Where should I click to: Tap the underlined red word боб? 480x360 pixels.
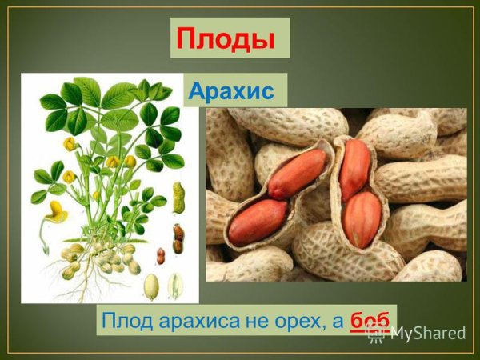coord(370,321)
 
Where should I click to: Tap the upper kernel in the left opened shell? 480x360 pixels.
coord(297,173)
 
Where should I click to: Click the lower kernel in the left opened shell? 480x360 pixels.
coord(257,222)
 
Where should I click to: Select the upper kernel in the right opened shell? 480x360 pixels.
coord(354,169)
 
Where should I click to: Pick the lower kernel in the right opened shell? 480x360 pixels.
coord(362,218)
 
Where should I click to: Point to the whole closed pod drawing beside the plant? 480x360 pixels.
coord(178,197)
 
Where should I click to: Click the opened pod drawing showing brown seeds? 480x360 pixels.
coord(178,238)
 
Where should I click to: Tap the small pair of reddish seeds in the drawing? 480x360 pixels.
coord(161,256)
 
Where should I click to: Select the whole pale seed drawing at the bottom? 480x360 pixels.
coord(151,286)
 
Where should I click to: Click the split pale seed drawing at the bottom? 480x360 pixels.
coord(175,286)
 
